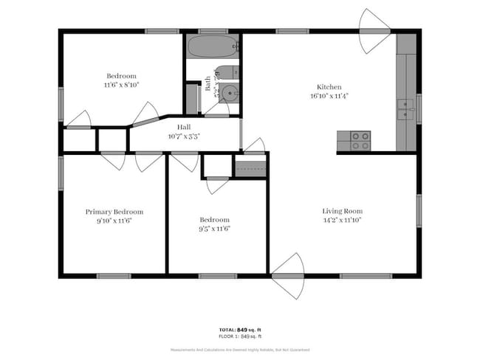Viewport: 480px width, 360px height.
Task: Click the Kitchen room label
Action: coord(329,86)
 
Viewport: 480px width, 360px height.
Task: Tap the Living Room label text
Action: coord(343,211)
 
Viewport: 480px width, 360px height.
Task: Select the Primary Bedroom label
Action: coord(114,212)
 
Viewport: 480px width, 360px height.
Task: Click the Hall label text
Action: coord(184,127)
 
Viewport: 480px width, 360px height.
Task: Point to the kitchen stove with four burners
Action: coord(360,140)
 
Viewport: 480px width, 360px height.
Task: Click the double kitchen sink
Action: coord(405,109)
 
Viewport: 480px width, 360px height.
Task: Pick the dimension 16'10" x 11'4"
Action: coord(329,95)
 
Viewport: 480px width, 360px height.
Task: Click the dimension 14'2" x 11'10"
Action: coord(343,221)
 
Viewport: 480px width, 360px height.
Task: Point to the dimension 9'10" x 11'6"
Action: coord(114,221)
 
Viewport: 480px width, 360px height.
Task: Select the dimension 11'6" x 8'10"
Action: coord(121,86)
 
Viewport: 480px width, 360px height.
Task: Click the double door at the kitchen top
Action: coord(376,31)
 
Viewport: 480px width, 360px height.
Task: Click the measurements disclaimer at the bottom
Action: coord(240,350)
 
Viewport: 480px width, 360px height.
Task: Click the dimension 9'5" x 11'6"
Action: coord(215,229)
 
